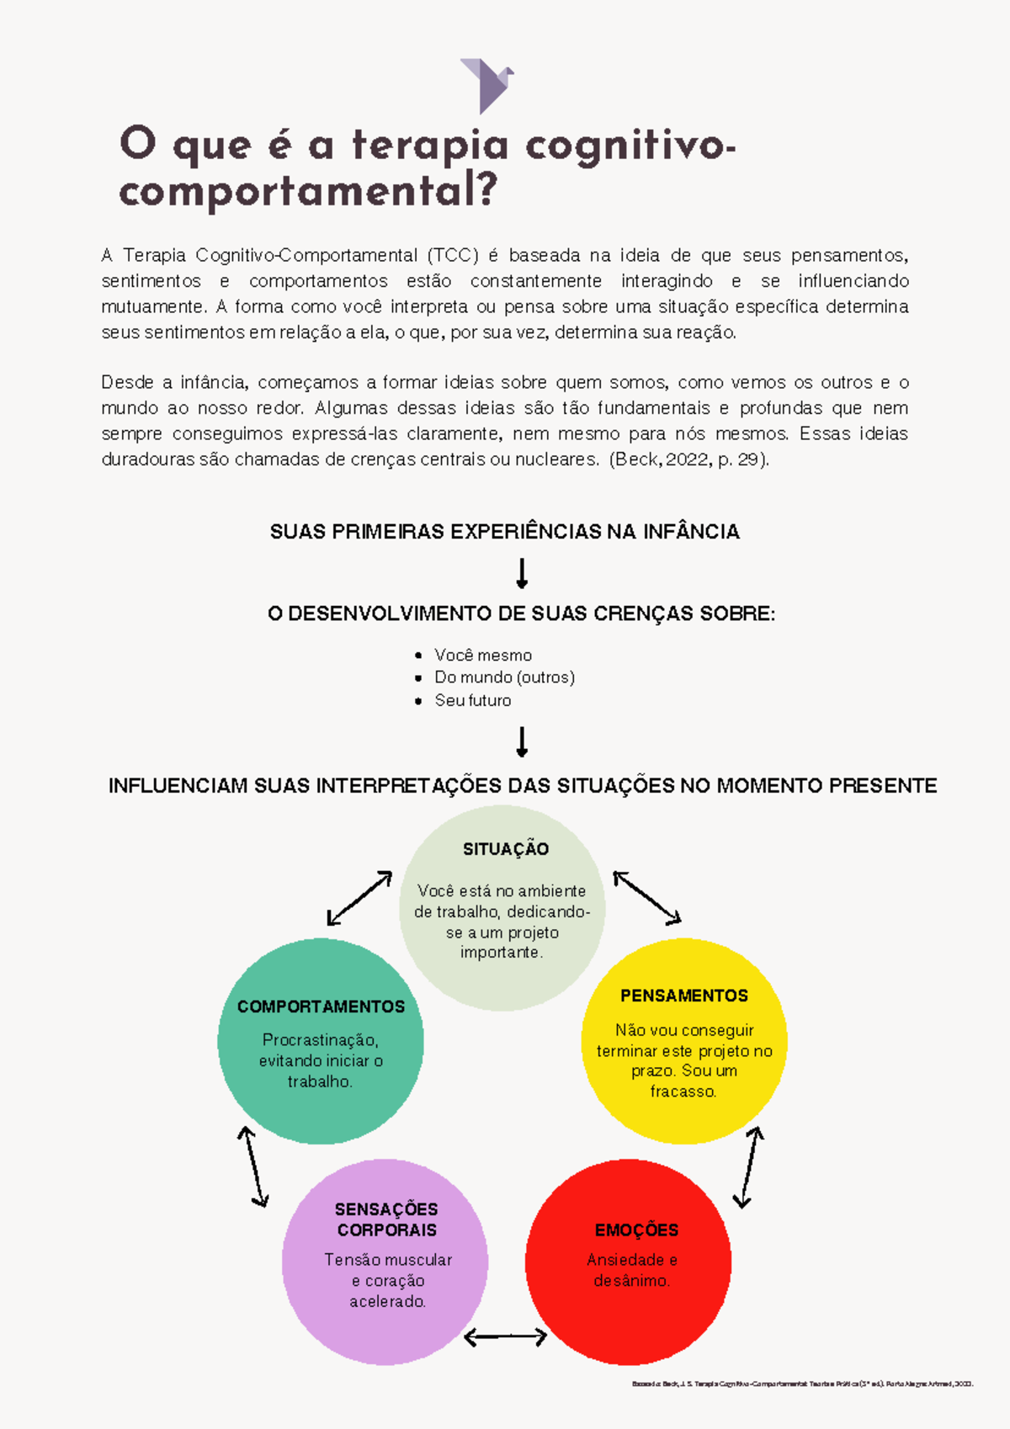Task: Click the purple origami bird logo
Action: [486, 85]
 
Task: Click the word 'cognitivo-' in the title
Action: [630, 146]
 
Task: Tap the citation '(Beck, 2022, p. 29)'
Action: [689, 460]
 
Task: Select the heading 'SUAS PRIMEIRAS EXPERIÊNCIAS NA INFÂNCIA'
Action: [504, 532]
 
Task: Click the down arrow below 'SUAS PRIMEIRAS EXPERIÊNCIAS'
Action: [522, 573]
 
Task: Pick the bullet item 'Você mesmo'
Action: [482, 655]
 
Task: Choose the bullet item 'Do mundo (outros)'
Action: [504, 677]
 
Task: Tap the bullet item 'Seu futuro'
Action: [472, 700]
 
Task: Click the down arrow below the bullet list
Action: [522, 742]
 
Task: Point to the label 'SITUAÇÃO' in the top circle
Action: [505, 849]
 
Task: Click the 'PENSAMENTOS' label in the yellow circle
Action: [683, 996]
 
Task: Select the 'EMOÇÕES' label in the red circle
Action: [636, 1230]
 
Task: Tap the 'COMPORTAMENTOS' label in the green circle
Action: [321, 1007]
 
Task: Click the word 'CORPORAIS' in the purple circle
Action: [386, 1230]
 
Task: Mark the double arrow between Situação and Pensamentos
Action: [646, 897]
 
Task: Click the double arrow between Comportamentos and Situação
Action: [359, 898]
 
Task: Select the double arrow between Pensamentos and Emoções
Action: [748, 1167]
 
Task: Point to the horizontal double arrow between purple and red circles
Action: [505, 1336]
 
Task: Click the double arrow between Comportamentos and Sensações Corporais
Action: [252, 1167]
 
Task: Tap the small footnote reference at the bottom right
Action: [802, 1384]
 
